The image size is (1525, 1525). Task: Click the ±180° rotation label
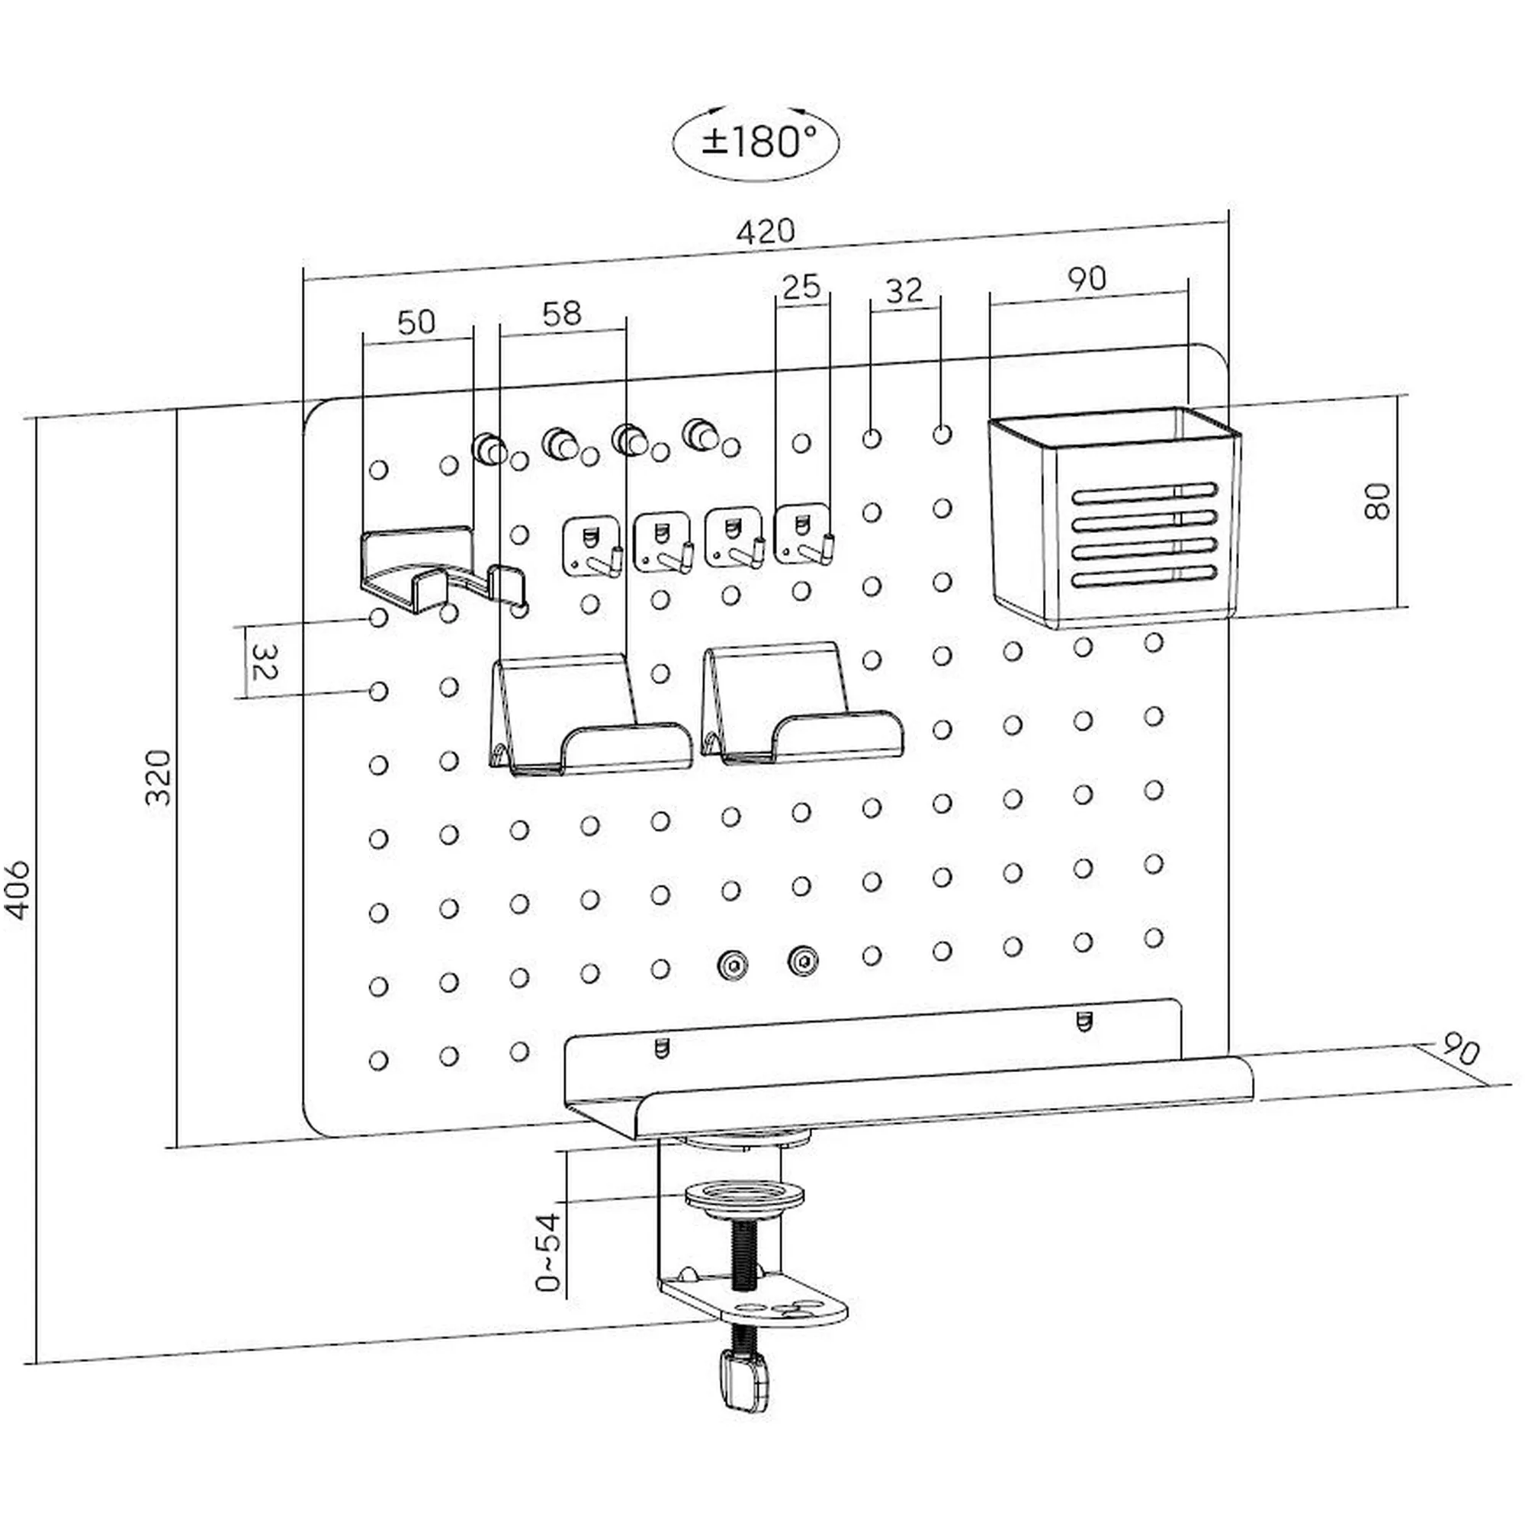point(756,143)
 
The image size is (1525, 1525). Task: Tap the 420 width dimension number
point(765,231)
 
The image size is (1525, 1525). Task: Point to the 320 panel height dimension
point(159,778)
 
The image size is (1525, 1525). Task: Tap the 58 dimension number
point(562,313)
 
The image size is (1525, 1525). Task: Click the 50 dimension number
point(416,321)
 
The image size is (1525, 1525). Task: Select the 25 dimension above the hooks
point(801,286)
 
